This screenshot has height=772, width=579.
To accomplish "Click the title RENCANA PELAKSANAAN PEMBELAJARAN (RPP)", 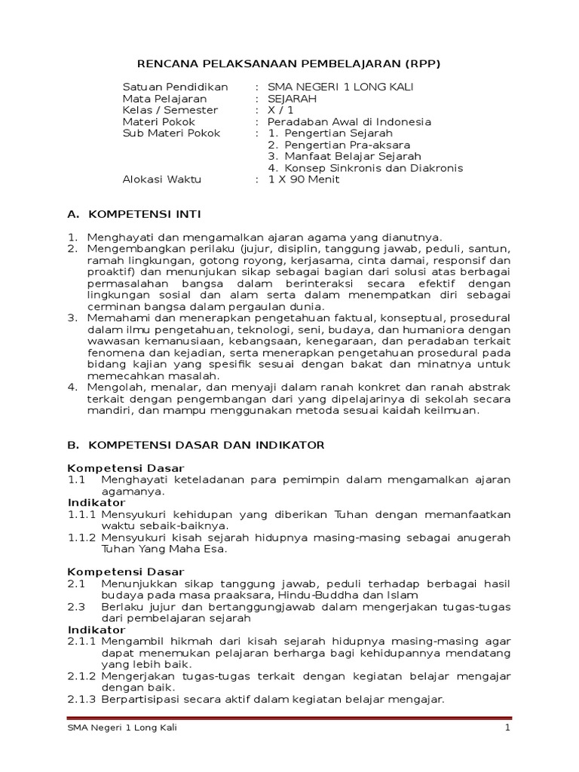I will [x=289, y=64].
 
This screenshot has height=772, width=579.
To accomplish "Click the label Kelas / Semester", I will [x=170, y=110].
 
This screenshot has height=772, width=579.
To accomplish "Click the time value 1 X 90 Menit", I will [x=304, y=179].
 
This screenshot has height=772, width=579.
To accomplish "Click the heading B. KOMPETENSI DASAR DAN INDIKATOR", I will [x=196, y=445].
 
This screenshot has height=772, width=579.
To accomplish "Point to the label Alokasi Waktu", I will [x=162, y=179].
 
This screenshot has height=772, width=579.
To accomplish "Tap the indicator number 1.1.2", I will [x=81, y=538].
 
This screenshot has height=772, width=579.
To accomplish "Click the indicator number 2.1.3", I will [x=81, y=699].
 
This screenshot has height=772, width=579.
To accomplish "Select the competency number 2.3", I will [x=76, y=607].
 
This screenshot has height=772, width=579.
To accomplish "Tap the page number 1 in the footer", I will [x=508, y=728].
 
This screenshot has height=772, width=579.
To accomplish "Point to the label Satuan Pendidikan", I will [x=176, y=87].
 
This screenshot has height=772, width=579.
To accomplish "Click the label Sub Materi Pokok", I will [x=172, y=133].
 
